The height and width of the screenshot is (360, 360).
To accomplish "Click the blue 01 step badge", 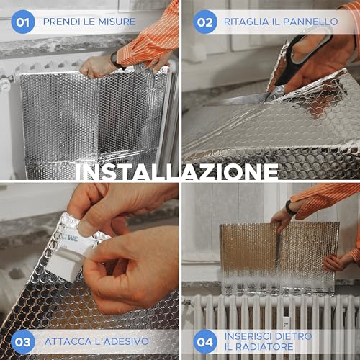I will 23,22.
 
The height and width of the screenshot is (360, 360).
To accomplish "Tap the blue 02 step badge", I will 205,22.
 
